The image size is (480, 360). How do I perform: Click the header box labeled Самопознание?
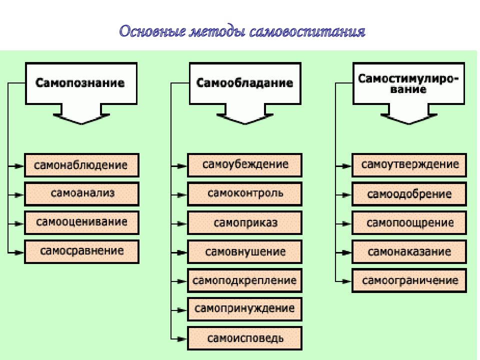(x=81, y=83)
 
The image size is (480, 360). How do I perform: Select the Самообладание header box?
(x=245, y=83)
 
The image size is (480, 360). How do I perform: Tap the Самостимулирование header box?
(x=408, y=83)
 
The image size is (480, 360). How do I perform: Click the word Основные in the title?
(x=152, y=31)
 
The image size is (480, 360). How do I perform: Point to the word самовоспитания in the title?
(x=307, y=32)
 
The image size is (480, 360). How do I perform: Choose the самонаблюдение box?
(x=81, y=165)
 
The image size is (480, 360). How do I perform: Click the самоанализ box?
(x=81, y=194)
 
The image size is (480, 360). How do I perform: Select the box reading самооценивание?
(x=81, y=223)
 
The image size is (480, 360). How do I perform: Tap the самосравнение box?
(x=81, y=251)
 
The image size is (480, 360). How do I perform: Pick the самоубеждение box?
(x=245, y=165)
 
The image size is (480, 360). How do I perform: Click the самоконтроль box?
(x=245, y=194)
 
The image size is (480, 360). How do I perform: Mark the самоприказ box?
(x=245, y=223)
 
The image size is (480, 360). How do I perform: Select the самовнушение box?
(x=245, y=251)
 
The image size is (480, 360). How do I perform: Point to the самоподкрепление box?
(x=245, y=280)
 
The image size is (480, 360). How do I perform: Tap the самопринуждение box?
(x=245, y=309)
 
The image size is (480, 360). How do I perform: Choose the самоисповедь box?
(x=245, y=338)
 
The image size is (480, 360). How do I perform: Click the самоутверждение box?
(x=409, y=165)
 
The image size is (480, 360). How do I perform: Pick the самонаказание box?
(x=409, y=251)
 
